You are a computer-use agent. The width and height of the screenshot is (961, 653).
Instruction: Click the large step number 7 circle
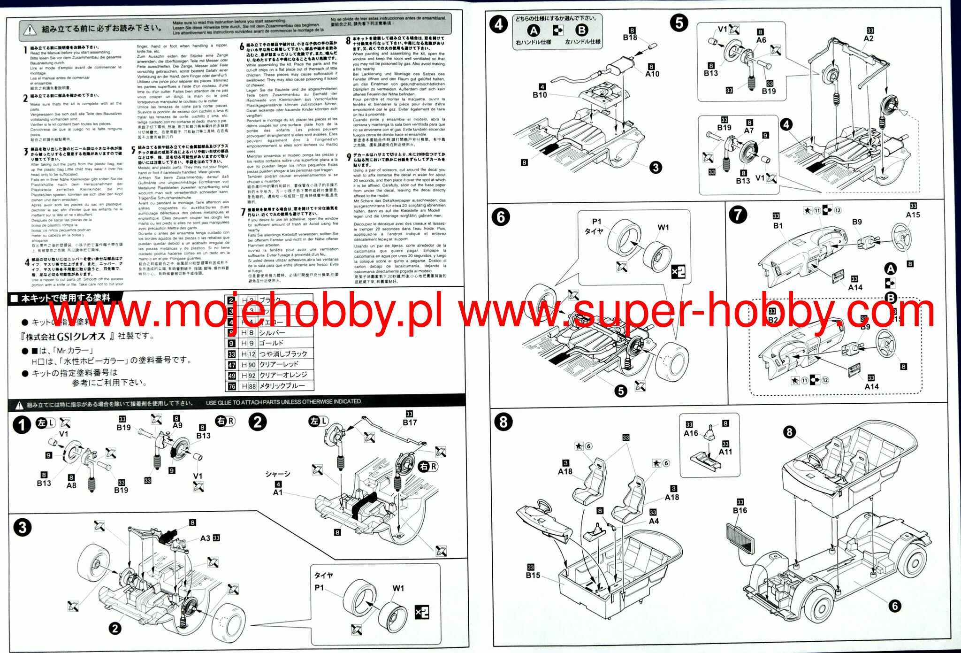tap(738, 215)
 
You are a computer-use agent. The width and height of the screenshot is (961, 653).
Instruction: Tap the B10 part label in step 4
tap(540, 95)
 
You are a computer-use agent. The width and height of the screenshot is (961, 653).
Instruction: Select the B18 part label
tap(630, 38)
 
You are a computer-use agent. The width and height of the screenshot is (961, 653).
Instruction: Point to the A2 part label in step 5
tap(869, 38)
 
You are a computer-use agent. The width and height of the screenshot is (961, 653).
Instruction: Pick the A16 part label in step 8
tap(691, 433)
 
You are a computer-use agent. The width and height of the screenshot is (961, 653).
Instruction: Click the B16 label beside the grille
tap(740, 510)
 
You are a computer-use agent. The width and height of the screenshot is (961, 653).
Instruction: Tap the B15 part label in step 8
tap(533, 575)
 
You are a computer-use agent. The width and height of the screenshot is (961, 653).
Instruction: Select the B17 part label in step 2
tap(410, 423)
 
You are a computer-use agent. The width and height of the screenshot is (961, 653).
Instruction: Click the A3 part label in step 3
tap(205, 538)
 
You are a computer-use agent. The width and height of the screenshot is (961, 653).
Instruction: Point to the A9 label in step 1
tap(177, 425)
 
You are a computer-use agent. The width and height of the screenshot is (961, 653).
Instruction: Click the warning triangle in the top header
tap(30, 30)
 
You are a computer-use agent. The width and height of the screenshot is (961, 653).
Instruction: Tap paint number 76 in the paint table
tap(232, 386)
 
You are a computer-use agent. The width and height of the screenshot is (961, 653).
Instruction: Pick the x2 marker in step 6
tap(679, 272)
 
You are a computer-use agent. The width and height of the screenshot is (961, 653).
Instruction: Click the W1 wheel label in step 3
tap(398, 588)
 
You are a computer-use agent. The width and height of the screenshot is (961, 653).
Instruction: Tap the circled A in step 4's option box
tap(534, 31)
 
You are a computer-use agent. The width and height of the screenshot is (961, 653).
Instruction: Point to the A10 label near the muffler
tap(652, 74)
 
